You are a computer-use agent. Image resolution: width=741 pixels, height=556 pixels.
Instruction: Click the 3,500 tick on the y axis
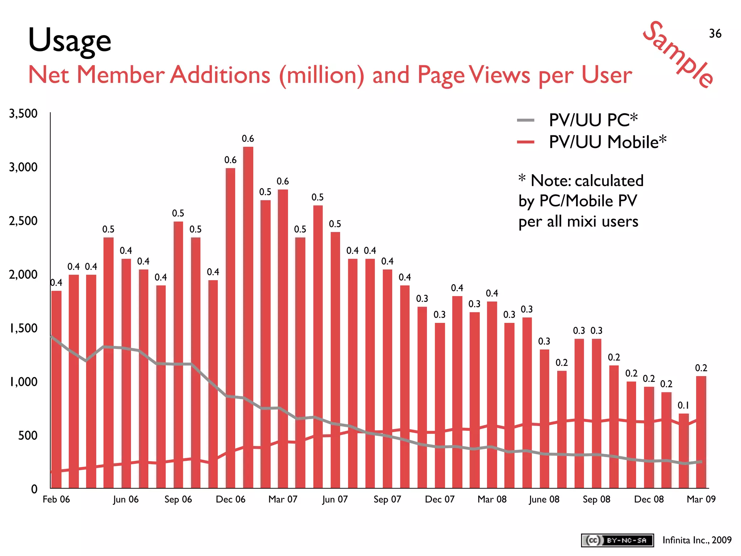(x=23, y=114)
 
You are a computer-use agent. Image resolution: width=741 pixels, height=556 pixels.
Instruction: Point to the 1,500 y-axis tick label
(x=23, y=328)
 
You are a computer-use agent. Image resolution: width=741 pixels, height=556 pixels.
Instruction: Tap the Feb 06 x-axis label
(x=56, y=499)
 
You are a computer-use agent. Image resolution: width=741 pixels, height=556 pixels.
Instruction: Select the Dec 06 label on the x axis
(x=230, y=499)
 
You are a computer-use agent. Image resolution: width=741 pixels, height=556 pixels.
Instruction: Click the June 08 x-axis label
(x=544, y=499)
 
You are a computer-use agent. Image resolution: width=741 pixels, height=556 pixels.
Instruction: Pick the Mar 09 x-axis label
(x=701, y=499)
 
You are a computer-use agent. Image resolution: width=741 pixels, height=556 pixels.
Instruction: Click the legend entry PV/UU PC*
(x=593, y=120)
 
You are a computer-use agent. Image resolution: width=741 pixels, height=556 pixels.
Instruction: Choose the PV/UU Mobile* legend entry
(x=607, y=142)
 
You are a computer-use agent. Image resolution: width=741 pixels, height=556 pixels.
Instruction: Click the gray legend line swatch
(x=525, y=121)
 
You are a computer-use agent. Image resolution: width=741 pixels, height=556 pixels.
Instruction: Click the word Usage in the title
(x=69, y=41)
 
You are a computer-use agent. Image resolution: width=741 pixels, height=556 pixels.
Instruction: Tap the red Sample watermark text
(x=679, y=54)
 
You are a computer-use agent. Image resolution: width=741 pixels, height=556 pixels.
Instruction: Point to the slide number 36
(x=715, y=34)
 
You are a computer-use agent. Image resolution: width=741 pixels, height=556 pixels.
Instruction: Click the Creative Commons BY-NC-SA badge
(x=617, y=540)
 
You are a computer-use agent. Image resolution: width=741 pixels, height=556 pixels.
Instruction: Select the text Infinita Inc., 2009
(x=697, y=540)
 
